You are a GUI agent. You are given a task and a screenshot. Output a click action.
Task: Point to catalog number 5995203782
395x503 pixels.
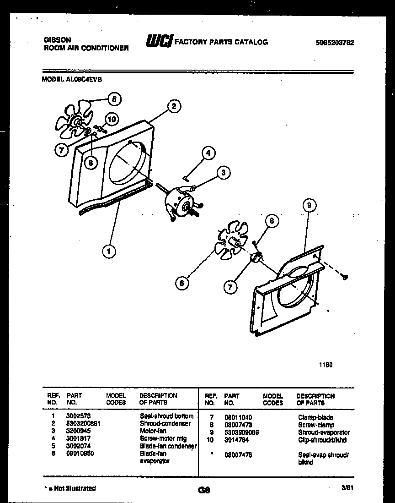coord(335,43)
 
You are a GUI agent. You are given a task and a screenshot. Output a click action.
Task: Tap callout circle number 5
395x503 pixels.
coord(114,98)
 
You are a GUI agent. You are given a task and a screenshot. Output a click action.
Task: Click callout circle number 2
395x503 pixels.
coord(173,106)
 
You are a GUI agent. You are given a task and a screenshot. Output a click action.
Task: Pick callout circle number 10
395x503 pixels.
coord(111,120)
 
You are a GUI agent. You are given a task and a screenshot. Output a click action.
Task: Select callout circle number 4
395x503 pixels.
coord(208,153)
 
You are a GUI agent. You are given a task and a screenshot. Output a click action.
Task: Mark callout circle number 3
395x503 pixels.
coord(223,172)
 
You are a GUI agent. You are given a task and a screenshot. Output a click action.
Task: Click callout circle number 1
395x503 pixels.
coord(109,251)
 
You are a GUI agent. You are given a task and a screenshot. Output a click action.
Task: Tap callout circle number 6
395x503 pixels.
coord(182,284)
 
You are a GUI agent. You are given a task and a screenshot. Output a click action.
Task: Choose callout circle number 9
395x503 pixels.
coord(309,206)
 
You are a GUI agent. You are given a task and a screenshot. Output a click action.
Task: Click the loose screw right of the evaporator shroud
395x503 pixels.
coord(346,276)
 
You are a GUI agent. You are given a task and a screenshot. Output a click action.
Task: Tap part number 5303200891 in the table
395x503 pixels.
coord(83,424)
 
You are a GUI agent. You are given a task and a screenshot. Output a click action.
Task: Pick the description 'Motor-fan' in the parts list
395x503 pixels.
coord(153,431)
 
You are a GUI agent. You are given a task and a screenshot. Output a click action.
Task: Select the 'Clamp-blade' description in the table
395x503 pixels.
coord(315,417)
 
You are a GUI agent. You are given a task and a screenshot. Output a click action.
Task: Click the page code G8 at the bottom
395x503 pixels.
coord(203,490)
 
